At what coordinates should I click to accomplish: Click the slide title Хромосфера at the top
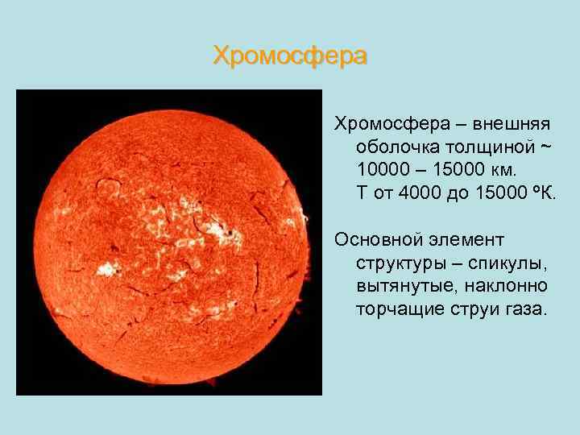[290, 56]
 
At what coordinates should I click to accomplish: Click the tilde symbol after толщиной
[545, 148]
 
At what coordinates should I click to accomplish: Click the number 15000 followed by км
[458, 171]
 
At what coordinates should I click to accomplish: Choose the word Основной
[383, 240]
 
